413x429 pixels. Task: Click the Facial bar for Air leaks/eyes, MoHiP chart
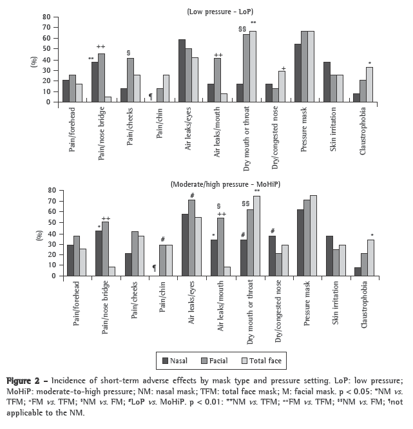click(x=191, y=238)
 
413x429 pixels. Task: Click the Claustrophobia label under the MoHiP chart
click(x=365, y=303)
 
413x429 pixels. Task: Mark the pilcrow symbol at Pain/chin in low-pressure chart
click(x=151, y=96)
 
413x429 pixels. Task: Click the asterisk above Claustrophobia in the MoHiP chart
click(x=370, y=235)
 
